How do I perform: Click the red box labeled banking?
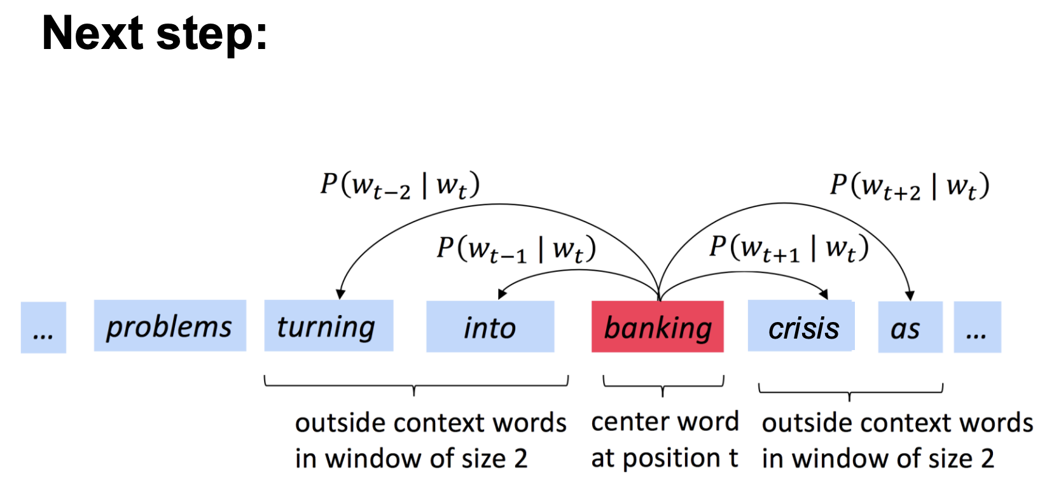657,327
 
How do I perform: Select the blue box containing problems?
170,326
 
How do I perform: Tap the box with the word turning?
328,326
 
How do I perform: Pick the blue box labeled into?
490,327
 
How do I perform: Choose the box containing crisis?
801,327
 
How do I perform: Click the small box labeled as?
910,327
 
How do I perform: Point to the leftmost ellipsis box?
43,328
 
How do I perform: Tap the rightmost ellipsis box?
977,327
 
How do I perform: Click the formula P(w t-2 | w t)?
400,185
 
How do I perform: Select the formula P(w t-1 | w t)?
516,249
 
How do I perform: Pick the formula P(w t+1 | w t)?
789,248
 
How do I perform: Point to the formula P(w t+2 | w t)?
910,186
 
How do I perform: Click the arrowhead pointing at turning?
341,293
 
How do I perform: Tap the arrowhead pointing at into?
503,293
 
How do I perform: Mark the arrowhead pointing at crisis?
824,293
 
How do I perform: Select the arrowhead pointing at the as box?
910,295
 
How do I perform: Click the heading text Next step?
155,33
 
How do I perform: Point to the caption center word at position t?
664,440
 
